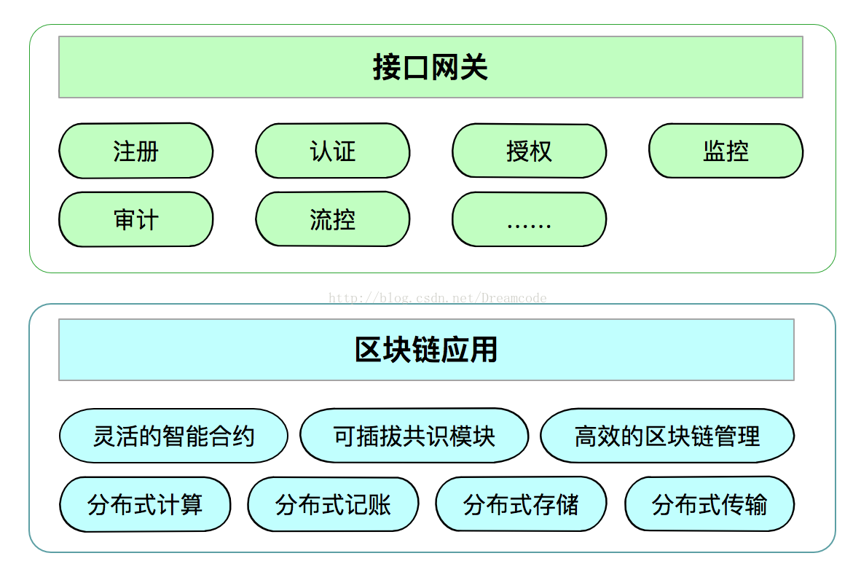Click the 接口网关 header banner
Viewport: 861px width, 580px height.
(430, 67)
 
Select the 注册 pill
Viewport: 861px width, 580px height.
(135, 151)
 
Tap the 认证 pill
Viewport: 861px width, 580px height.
(332, 151)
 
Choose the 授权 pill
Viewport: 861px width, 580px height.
(529, 151)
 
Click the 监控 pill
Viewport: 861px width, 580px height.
(726, 151)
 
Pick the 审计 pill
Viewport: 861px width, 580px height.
(135, 219)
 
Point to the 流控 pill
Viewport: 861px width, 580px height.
(332, 219)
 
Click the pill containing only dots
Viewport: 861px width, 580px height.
(529, 219)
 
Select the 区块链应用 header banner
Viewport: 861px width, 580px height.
(426, 349)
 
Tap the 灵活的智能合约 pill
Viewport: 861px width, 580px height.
(173, 436)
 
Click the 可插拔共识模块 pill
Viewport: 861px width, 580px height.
(414, 436)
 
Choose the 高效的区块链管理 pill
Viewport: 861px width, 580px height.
(667, 436)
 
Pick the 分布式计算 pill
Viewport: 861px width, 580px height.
(145, 504)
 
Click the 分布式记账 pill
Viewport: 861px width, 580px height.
(333, 504)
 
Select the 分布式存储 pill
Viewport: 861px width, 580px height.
(521, 504)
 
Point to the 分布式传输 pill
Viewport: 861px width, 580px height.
(709, 504)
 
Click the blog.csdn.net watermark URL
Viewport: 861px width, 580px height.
(438, 298)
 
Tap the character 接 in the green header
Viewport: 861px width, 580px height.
(387, 68)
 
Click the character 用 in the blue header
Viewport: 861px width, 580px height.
(484, 350)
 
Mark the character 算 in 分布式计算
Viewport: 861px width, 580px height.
(191, 505)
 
